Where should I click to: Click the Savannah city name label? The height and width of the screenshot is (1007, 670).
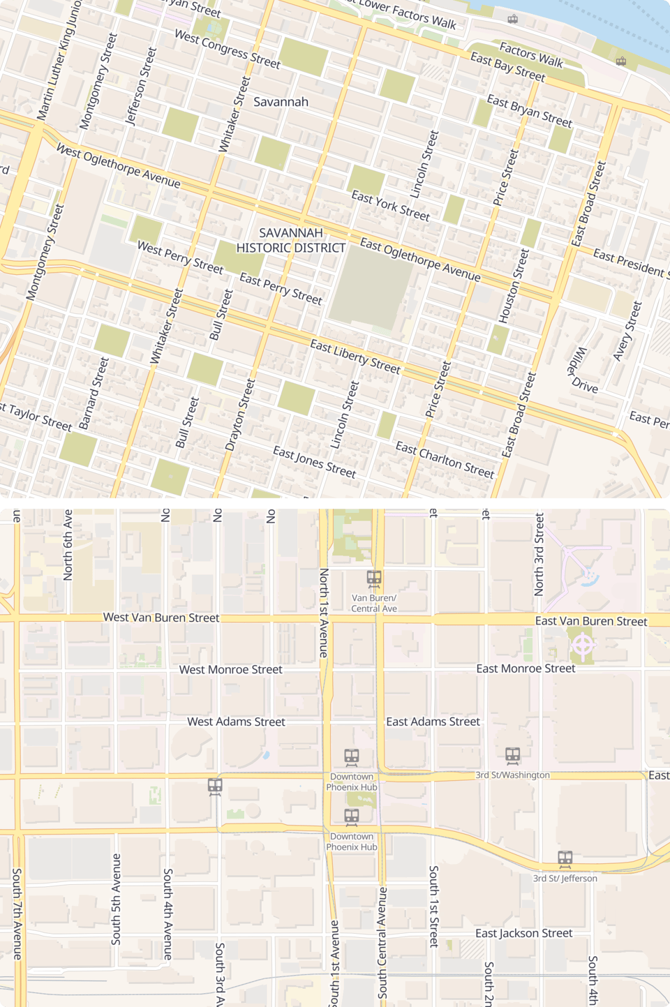tap(281, 102)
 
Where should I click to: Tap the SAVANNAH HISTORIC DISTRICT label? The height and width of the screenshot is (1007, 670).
tap(291, 240)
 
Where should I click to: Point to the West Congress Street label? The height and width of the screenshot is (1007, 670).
tap(227, 49)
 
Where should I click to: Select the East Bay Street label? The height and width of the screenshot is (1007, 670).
tap(507, 67)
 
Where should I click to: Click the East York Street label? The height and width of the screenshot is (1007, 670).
tap(390, 206)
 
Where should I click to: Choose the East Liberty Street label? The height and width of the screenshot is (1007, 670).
tap(355, 357)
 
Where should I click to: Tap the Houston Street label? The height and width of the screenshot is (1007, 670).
tap(514, 286)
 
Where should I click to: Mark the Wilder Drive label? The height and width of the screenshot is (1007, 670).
tap(582, 371)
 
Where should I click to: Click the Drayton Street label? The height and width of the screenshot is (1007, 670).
tap(240, 415)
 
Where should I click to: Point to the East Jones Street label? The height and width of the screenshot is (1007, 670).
tap(314, 462)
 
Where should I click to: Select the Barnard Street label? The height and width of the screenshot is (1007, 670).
tap(94, 393)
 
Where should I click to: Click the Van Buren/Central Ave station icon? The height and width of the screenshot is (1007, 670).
tap(374, 578)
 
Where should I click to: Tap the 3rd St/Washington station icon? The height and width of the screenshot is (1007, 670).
tap(513, 755)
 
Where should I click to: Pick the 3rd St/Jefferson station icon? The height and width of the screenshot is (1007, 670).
tap(565, 858)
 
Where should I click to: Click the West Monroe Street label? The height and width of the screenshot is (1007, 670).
tap(230, 670)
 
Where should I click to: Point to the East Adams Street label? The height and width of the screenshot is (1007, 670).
tap(433, 722)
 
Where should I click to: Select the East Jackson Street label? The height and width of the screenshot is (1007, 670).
tap(523, 934)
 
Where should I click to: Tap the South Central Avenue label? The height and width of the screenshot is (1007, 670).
tap(382, 942)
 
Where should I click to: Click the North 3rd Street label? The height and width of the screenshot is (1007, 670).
tap(539, 555)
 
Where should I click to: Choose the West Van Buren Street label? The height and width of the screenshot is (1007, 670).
tap(161, 618)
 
